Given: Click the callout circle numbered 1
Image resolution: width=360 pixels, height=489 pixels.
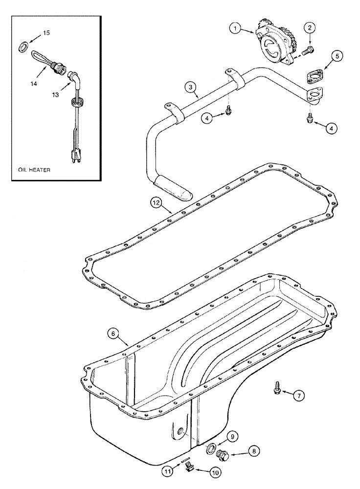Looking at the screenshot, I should pyautogui.click(x=235, y=29).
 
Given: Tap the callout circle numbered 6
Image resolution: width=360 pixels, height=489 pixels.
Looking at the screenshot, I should pyautogui.click(x=113, y=333).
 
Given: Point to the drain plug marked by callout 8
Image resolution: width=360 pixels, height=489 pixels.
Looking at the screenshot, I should pyautogui.click(x=224, y=455).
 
